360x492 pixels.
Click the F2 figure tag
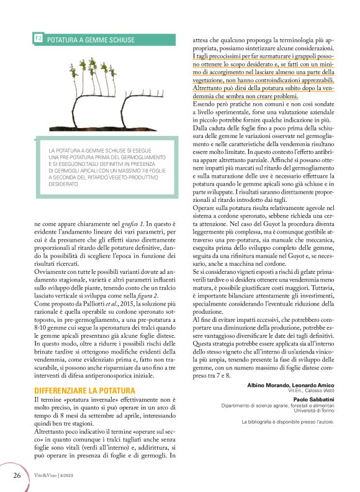pyautogui.click(x=38, y=39)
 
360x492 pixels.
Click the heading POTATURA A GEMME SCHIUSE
pyautogui.click(x=91, y=39)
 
